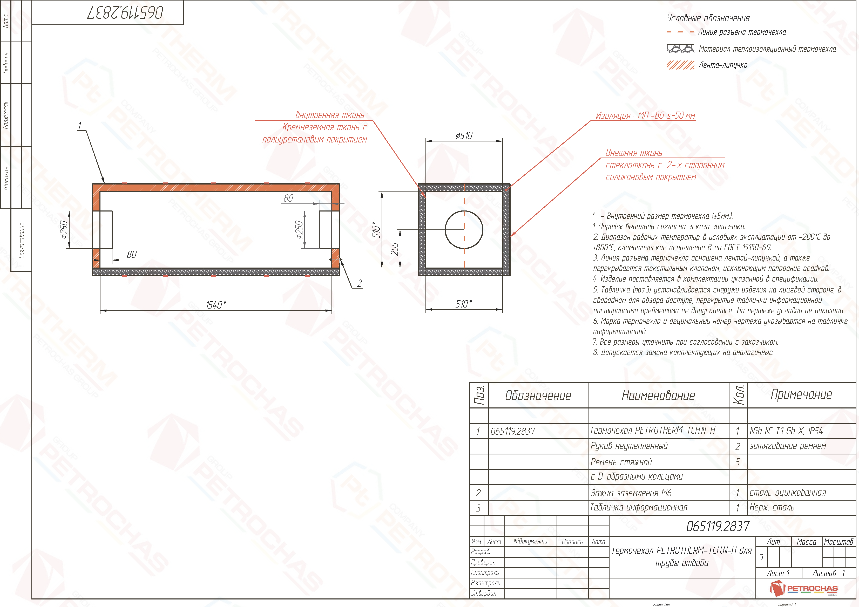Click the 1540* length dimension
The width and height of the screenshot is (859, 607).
click(216, 305)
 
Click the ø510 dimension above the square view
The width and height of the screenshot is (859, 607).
click(464, 135)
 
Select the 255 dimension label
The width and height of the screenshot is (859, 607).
click(394, 249)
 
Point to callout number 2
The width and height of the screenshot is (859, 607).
click(359, 283)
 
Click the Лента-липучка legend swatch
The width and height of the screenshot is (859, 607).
click(680, 65)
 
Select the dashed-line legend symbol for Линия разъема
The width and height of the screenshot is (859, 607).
click(680, 32)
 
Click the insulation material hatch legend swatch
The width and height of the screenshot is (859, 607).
click(680, 49)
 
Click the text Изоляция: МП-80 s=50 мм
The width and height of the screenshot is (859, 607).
click(645, 115)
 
